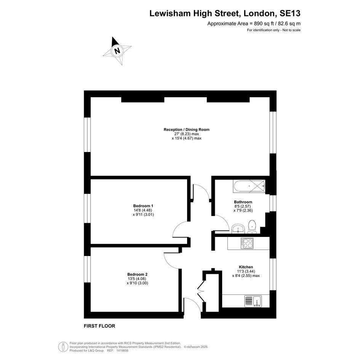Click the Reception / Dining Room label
186,130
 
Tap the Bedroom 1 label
143,206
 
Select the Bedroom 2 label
137,274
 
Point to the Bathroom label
243,202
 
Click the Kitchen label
246,267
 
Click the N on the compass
117,51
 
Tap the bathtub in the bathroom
249,186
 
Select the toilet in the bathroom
252,226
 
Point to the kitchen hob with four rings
247,243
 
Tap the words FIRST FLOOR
99,326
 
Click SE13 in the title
290,13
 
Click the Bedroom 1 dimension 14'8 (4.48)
143,210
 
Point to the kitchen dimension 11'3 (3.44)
246,271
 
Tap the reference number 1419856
122,350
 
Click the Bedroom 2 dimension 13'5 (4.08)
137,279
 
